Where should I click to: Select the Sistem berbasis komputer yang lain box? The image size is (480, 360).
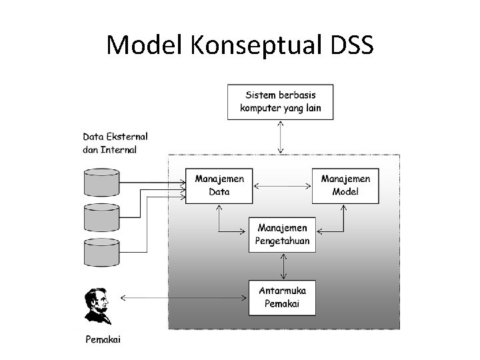point(280,101)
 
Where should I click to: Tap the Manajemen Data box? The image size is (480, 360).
point(219,185)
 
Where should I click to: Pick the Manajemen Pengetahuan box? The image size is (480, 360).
point(283,234)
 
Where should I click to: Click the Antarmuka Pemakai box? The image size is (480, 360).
point(283,297)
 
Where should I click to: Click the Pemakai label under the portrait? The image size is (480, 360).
point(103,340)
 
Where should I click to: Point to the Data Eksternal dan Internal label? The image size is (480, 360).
point(115,143)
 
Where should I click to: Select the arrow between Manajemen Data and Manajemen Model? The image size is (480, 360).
point(282,185)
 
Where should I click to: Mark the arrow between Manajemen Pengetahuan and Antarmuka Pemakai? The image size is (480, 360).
point(285,266)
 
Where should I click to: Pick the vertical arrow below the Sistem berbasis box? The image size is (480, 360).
point(280,137)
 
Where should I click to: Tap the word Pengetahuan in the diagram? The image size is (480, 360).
point(283,241)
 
